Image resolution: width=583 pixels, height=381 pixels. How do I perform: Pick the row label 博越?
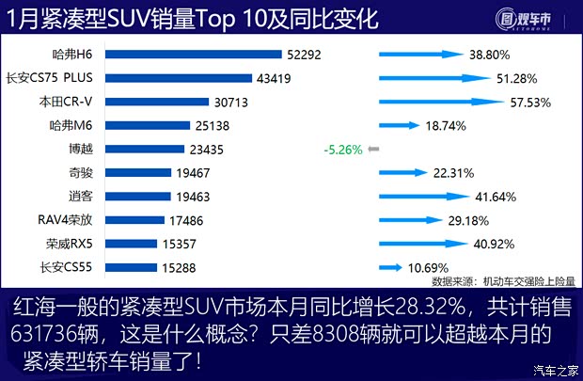click(80, 149)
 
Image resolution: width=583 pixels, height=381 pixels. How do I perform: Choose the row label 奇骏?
click(80, 172)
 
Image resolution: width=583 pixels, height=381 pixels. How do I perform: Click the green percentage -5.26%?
click(342, 149)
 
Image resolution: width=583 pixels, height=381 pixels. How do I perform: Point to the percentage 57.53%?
click(529, 102)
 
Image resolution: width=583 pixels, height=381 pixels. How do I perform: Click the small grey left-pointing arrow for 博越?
click(373, 149)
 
